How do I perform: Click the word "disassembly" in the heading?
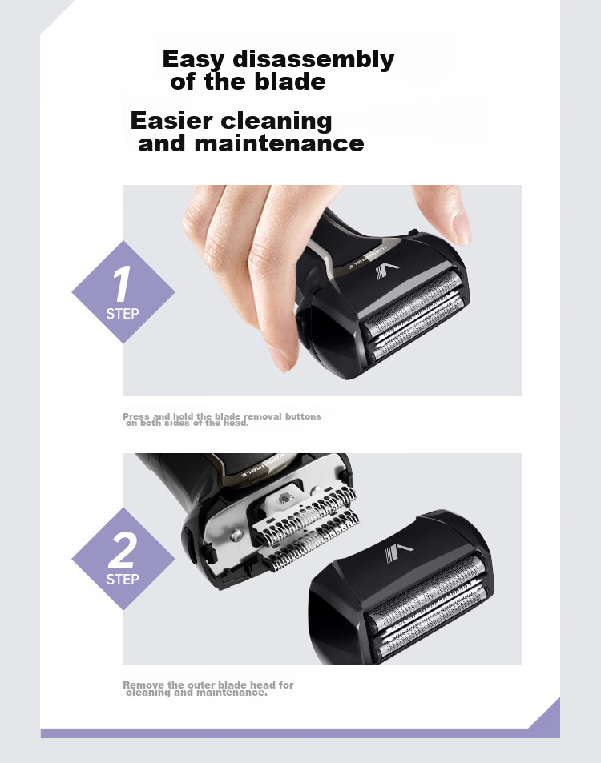pos(313,60)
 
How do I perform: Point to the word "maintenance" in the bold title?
pos(279,143)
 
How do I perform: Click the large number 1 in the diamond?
pos(122,283)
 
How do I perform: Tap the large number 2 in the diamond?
pos(121,550)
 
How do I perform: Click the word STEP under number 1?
pos(123,314)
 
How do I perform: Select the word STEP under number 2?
pos(123,579)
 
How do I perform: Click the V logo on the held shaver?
pos(386,271)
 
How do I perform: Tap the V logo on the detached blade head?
pos(398,553)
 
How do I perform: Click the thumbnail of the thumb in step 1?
pos(462,227)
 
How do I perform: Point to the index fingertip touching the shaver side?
pos(283,358)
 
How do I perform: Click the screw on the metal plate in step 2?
pos(236,536)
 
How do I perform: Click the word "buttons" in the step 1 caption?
pos(303,416)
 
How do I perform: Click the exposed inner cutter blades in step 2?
pos(307,527)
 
